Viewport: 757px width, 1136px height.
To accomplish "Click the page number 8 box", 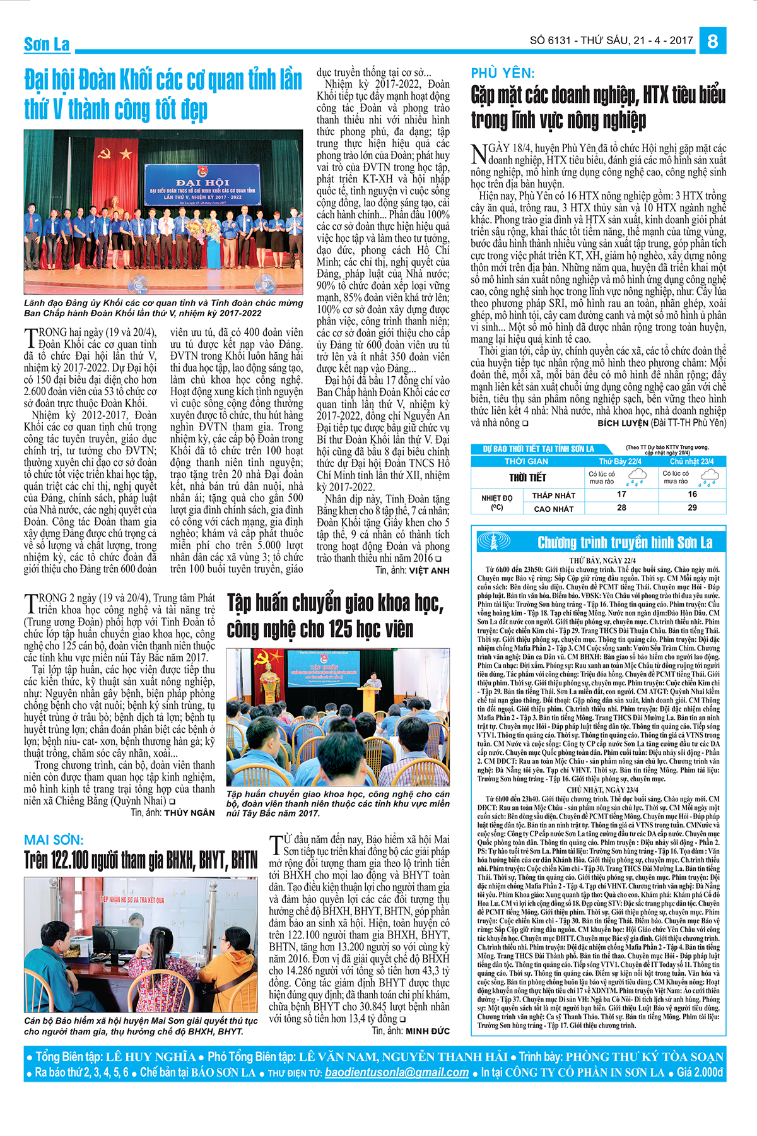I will pos(713,40).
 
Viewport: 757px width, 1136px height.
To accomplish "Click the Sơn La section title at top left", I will pos(47,44).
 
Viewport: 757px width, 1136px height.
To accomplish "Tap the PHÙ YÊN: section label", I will pos(503,73).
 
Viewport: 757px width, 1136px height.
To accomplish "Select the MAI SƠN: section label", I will pos(54,840).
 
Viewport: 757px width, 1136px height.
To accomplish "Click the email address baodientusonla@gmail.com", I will pos(397,1072).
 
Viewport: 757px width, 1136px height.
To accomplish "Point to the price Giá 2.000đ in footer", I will pos(700,1072).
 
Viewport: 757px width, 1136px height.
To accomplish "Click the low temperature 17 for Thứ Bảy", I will pos(621,494).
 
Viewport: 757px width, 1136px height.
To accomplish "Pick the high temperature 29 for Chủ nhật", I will pos(692,507).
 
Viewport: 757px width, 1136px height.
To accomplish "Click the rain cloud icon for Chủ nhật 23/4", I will pos(708,478).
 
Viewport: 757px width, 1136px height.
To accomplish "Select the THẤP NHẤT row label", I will pos(554,495).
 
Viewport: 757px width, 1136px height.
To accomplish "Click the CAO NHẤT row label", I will pos(554,509).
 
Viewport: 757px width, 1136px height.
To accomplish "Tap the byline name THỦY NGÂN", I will pos(189,813).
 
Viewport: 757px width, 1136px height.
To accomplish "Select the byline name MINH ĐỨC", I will pos(428,1031).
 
